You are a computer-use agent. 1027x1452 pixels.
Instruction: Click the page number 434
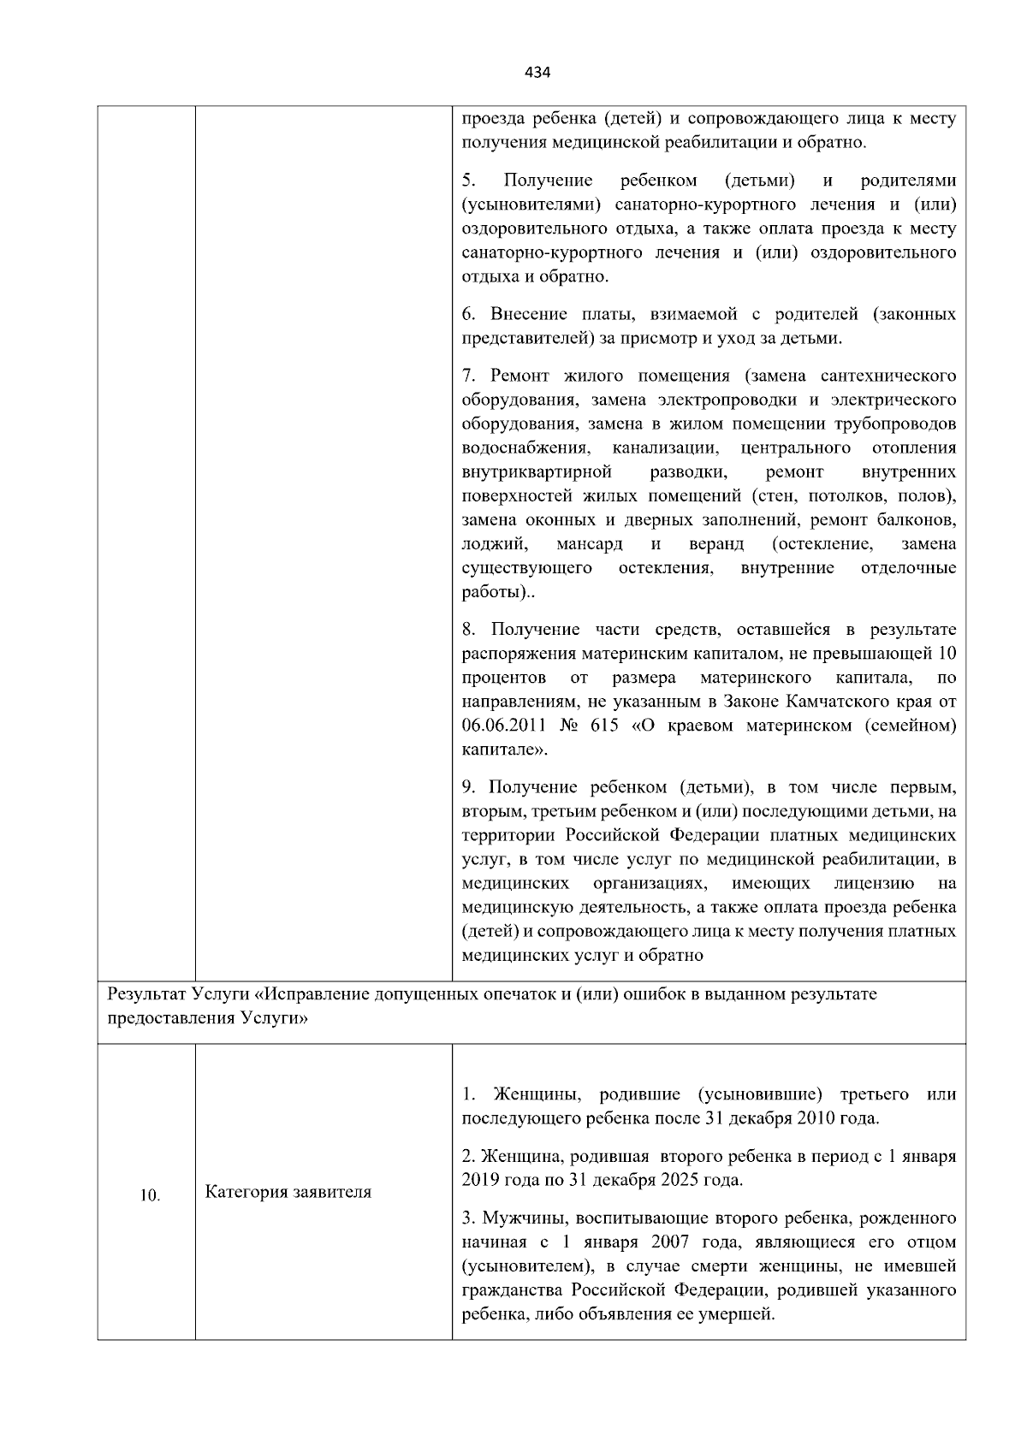click(537, 73)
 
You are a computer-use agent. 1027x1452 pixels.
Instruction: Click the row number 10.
click(150, 1196)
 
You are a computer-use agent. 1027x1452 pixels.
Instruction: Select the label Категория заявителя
click(288, 1192)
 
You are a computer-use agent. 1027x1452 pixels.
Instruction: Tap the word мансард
click(589, 544)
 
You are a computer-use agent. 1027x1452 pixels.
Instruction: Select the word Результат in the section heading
click(144, 995)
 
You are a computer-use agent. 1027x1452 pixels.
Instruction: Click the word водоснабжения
click(525, 448)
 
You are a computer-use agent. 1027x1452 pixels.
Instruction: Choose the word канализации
click(664, 448)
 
